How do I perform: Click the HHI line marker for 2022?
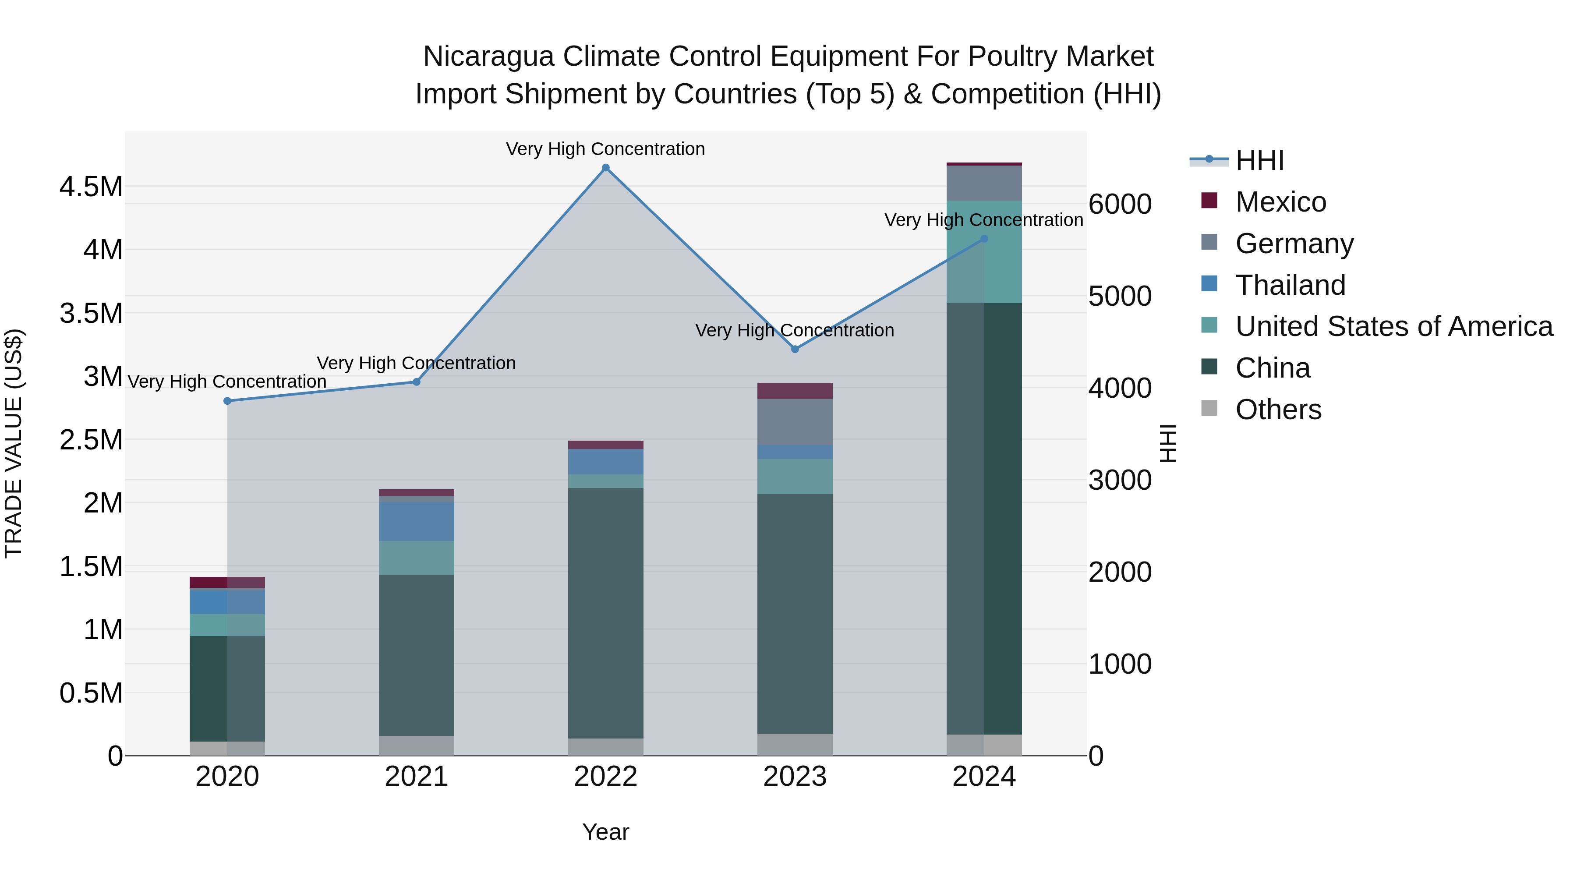[x=605, y=168]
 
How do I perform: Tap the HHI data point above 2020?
[x=227, y=401]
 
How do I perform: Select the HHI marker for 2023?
[x=795, y=350]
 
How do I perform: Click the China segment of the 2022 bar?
[x=605, y=612]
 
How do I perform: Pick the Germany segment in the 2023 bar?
[x=795, y=422]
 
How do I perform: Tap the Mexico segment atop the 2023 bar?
[x=795, y=391]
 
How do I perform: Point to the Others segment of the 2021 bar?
[x=416, y=746]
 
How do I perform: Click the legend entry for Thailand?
[x=1290, y=285]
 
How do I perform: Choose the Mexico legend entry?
[x=1280, y=202]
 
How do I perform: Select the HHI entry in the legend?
[x=1259, y=160]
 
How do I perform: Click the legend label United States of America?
[x=1394, y=327]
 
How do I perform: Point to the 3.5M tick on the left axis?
[x=91, y=314]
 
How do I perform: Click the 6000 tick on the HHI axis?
[x=1120, y=205]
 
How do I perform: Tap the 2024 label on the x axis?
[x=984, y=777]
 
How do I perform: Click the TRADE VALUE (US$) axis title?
[x=14, y=443]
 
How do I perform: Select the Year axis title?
[x=605, y=832]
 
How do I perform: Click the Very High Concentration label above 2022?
[x=605, y=149]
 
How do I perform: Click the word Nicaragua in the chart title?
[x=488, y=57]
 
